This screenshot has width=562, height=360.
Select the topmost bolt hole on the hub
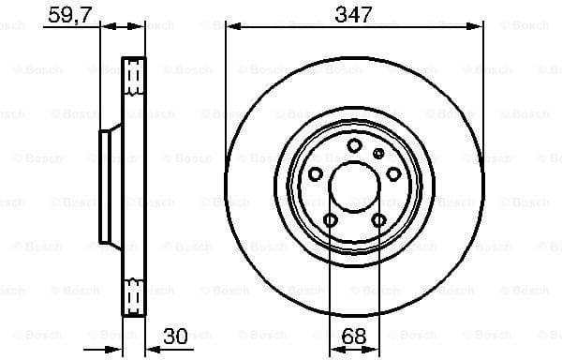pos(354,145)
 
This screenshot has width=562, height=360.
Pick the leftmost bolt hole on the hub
pos(316,173)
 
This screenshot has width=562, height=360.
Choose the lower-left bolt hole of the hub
pos(330,219)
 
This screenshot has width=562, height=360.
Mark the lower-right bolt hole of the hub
pos(378,219)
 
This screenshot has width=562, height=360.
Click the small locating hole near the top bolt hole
pos(377,153)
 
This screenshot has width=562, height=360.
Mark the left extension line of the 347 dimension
pos(226,56)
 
